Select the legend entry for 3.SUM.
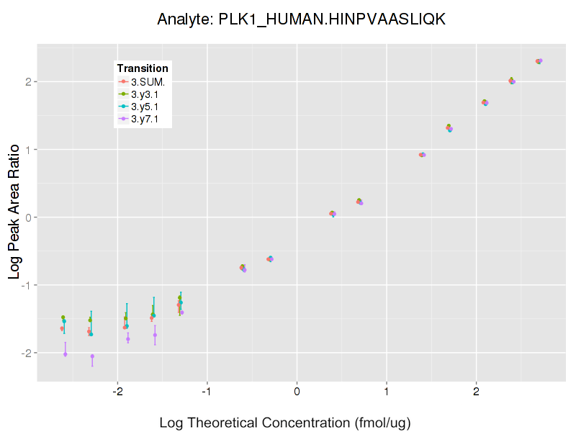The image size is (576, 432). [x=148, y=81]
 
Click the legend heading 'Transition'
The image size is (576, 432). [x=143, y=68]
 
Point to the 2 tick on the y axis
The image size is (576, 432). [x=27, y=81]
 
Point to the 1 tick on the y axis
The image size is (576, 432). [x=27, y=150]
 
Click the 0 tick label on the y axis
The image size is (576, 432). [x=27, y=217]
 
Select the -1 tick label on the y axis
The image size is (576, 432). [x=25, y=285]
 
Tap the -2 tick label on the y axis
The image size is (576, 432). [x=25, y=353]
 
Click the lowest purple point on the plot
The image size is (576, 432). [x=92, y=356]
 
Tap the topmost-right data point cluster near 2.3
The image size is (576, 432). [x=539, y=61]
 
